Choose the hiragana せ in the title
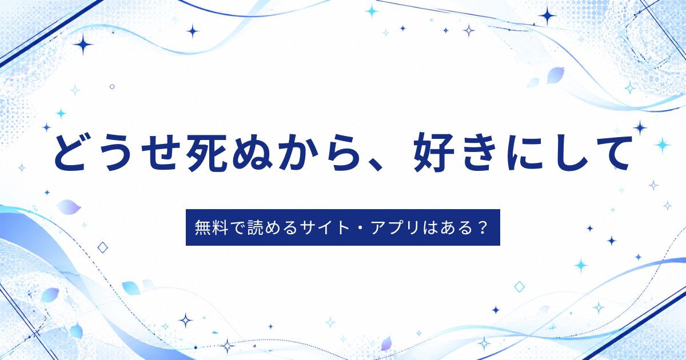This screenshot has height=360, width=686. point(161,152)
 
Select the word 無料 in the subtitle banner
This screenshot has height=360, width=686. point(211,228)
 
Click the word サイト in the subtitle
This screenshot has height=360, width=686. point(325,228)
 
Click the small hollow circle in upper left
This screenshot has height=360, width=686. point(112,87)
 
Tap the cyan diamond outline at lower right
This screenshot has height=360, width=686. point(520,287)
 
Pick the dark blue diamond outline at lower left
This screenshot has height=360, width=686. point(102,247)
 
